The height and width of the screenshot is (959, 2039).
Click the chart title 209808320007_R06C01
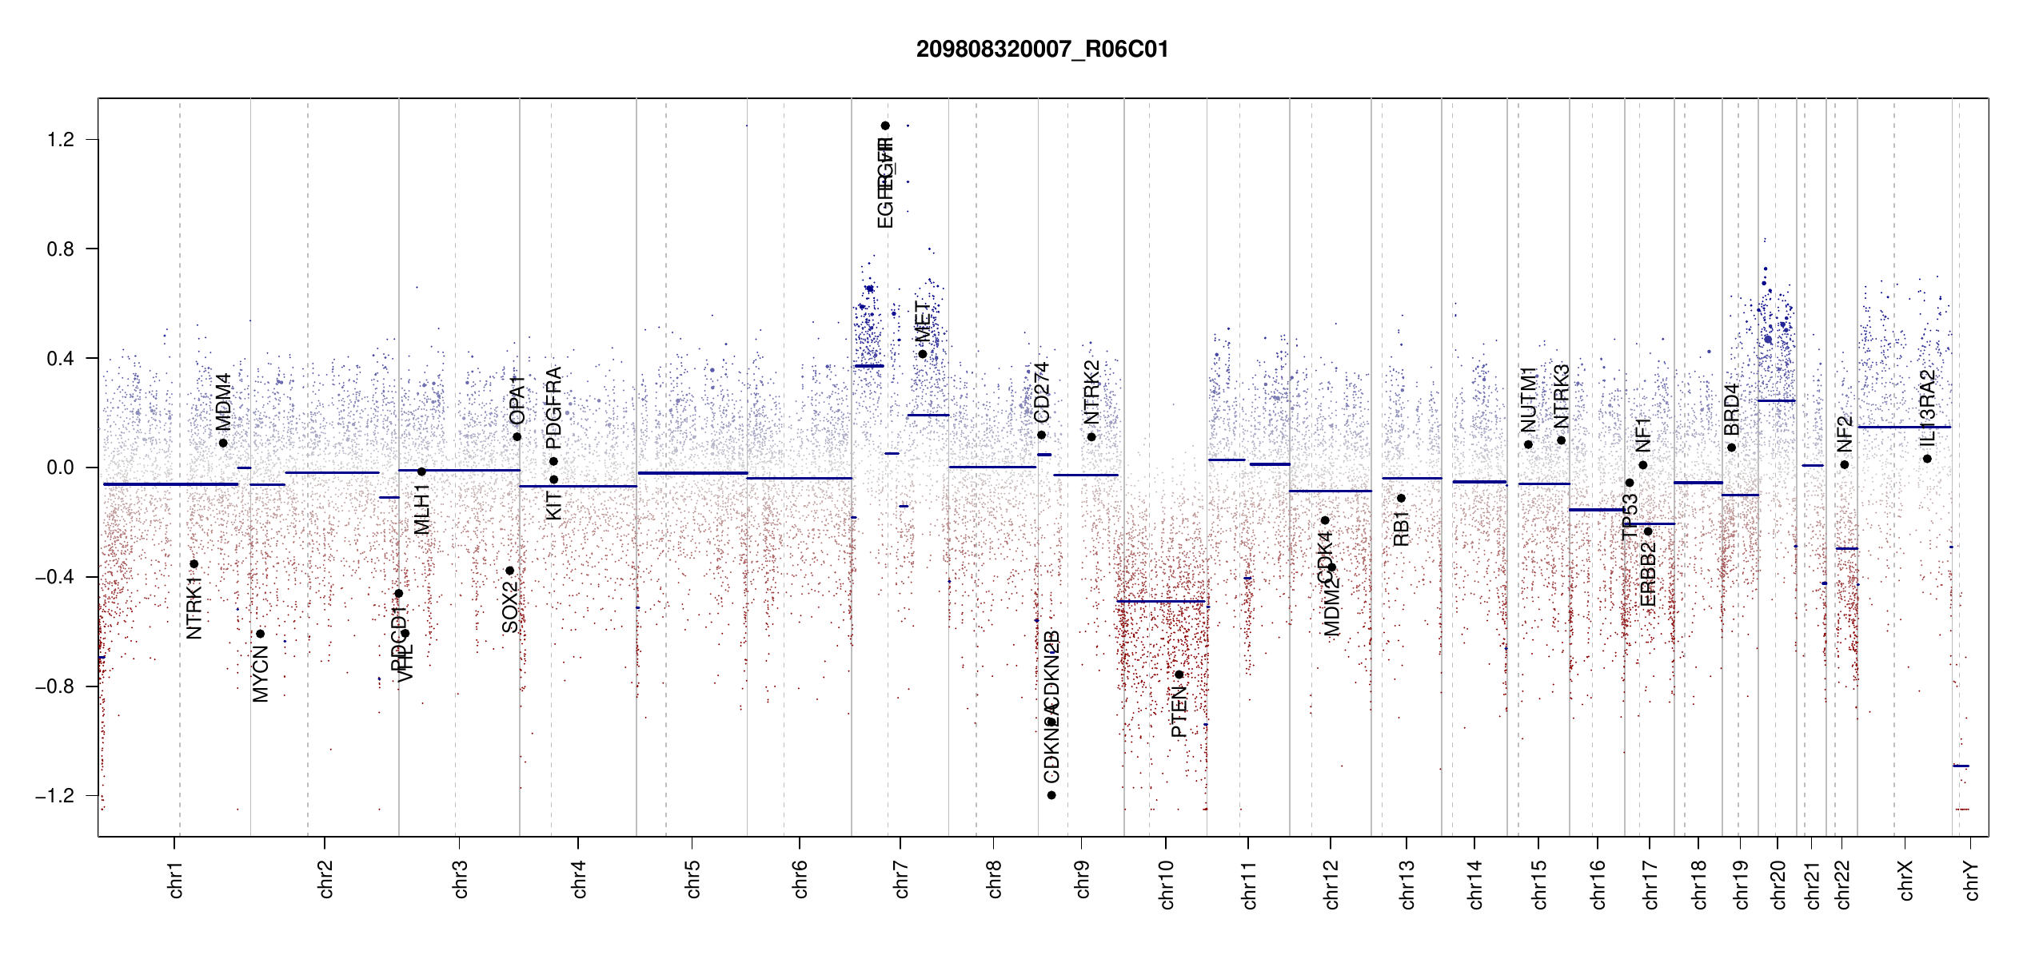tap(1042, 50)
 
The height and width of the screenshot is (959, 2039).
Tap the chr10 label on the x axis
tap(1167, 884)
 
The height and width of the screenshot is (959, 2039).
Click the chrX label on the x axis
tap(1906, 880)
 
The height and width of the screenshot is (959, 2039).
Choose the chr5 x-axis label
tap(692, 879)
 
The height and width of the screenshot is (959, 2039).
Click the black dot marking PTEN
tap(1179, 675)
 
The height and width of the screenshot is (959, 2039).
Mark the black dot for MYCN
tap(260, 634)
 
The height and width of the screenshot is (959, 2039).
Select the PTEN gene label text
tap(1179, 713)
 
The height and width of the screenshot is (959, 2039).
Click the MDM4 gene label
tap(224, 401)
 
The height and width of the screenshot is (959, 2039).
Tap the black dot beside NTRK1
tap(194, 564)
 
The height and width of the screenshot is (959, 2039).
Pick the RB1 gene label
tap(1401, 528)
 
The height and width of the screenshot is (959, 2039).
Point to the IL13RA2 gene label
tap(1928, 408)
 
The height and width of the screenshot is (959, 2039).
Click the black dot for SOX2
tap(509, 571)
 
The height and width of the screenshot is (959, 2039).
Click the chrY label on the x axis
tap(1972, 880)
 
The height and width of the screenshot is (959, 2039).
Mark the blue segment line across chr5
tap(692, 473)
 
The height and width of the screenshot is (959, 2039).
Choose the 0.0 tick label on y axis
tap(61, 468)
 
